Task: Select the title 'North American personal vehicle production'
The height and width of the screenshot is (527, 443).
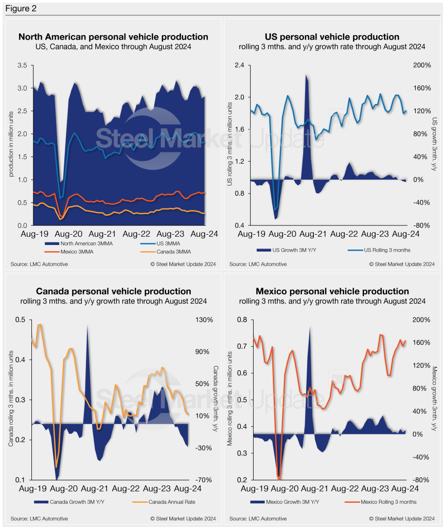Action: pyautogui.click(x=113, y=37)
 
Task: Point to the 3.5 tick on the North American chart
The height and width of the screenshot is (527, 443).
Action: pyautogui.click(x=22, y=65)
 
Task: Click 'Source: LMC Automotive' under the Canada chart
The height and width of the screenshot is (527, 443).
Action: pyautogui.click(x=39, y=518)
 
